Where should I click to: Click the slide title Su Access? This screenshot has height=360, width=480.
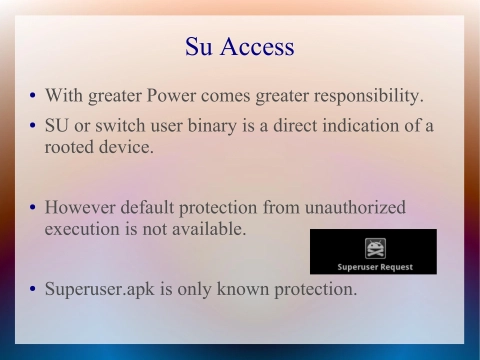pyautogui.click(x=240, y=46)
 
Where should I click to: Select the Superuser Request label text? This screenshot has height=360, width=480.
pyautogui.click(x=373, y=267)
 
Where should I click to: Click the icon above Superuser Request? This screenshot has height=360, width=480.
pyautogui.click(x=374, y=248)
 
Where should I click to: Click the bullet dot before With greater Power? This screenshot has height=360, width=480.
pyautogui.click(x=31, y=98)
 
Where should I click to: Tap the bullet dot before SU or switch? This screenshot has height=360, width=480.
pyautogui.click(x=31, y=127)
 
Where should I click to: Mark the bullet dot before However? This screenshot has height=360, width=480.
pyautogui.click(x=31, y=209)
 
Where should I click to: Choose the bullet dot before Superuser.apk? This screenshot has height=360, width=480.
pyautogui.click(x=31, y=291)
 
